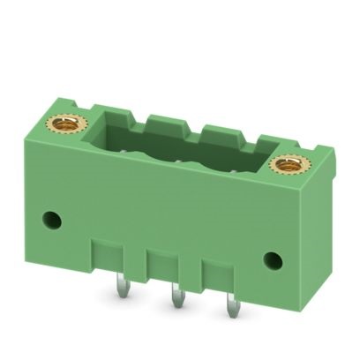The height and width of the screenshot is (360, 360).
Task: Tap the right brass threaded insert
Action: [x=288, y=163]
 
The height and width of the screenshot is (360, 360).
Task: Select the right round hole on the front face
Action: [x=274, y=260]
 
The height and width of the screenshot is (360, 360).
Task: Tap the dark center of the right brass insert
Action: [x=288, y=163]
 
